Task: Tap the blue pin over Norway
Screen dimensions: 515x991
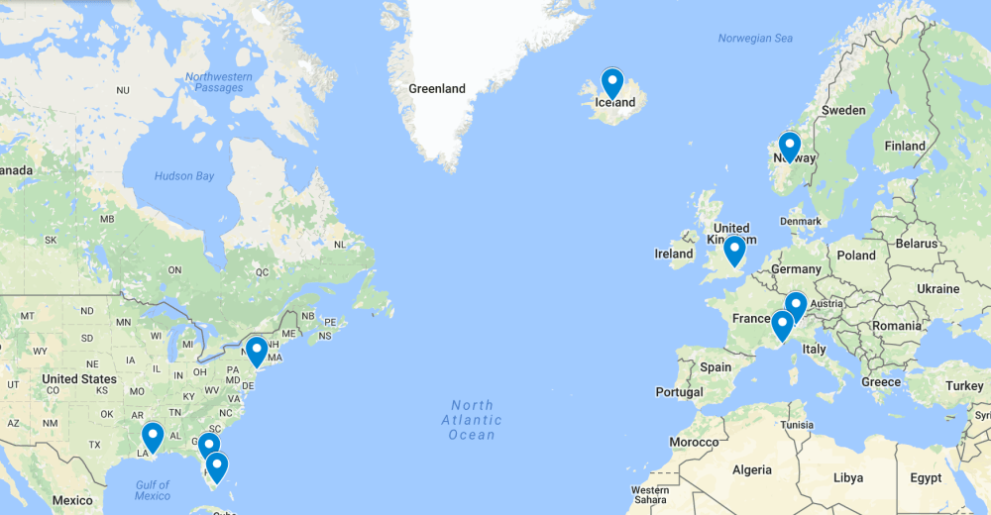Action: coord(789,146)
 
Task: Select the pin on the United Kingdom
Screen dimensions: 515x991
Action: coord(733,250)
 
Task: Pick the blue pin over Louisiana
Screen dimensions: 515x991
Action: coord(153,436)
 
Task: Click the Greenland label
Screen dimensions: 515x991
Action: coord(437,89)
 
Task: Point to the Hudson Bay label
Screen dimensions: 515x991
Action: coord(184,176)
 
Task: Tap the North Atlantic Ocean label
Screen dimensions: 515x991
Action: coord(472,420)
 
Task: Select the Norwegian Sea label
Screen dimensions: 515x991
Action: coord(756,39)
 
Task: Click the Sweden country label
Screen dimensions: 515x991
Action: coord(844,110)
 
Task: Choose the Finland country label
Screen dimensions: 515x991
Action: coord(905,146)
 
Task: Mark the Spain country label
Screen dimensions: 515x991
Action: coord(716,366)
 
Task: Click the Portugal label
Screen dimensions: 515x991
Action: coord(679,392)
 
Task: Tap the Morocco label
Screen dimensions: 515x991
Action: coord(694,441)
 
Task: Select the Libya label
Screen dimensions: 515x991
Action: coord(847,477)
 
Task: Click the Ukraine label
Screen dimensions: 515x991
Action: coord(937,288)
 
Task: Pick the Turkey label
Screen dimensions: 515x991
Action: coord(964,385)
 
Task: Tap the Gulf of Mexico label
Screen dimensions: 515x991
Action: coord(153,489)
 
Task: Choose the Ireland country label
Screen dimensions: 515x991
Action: coord(674,254)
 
